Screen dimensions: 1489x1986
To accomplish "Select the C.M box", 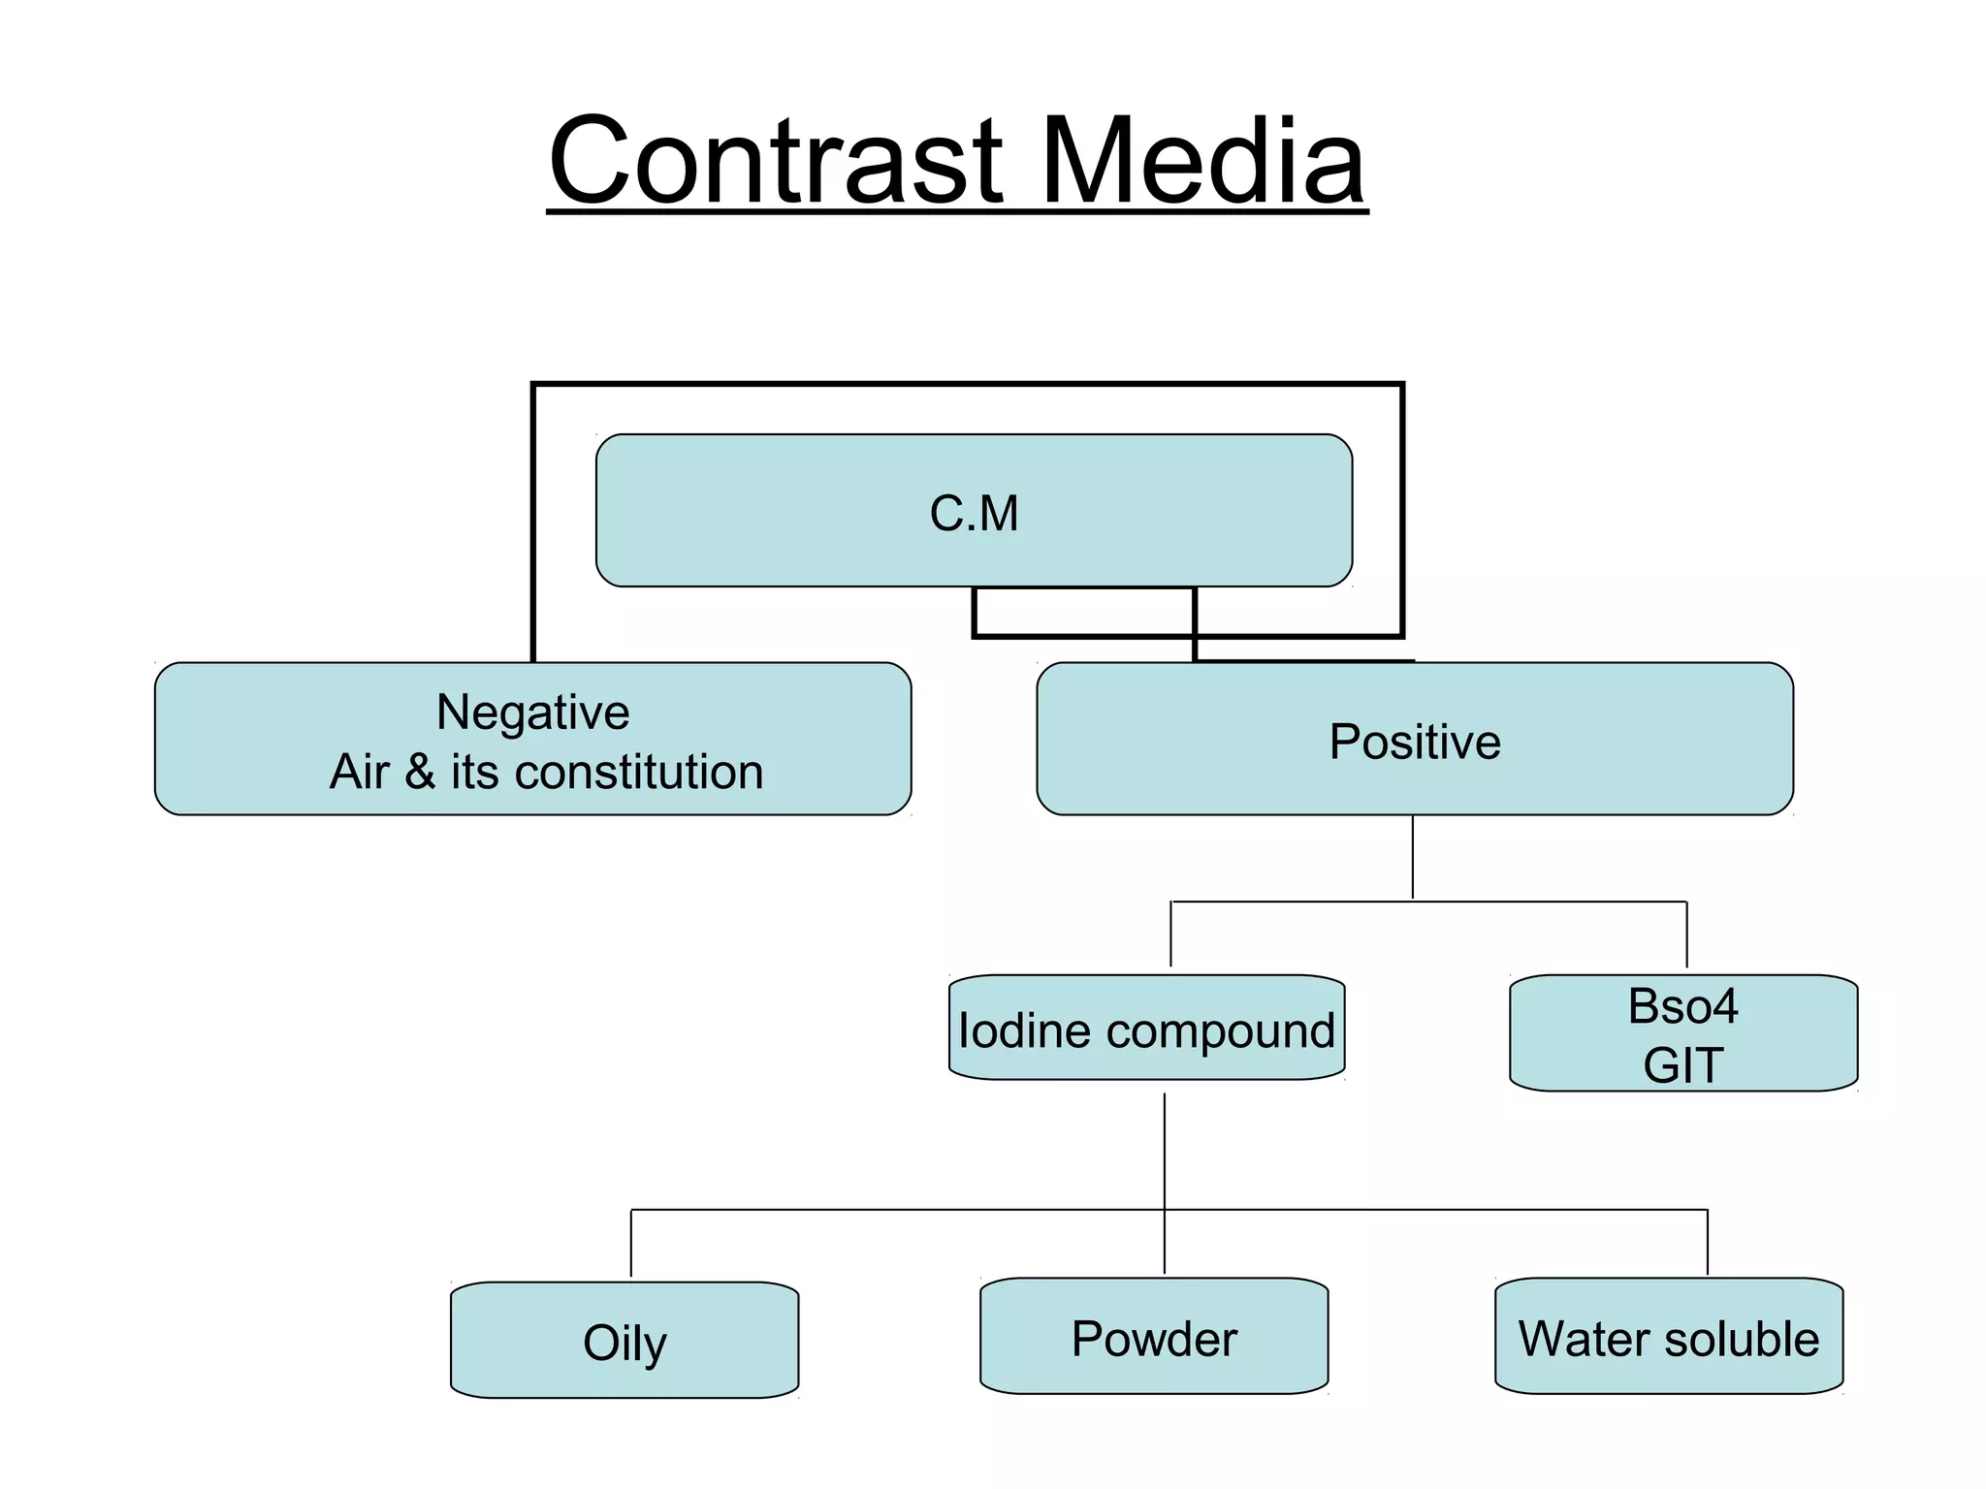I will point(974,512).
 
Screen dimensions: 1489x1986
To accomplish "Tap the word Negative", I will point(532,713).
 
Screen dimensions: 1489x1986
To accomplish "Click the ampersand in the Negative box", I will point(419,773).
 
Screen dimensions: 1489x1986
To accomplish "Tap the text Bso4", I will point(1682,1006).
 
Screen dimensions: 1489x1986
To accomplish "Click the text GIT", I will point(1682,1065).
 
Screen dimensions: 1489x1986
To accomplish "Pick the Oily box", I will point(625,1343).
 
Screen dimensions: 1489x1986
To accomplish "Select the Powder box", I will point(1154,1339).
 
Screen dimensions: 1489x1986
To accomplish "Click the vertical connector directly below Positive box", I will point(1413,857).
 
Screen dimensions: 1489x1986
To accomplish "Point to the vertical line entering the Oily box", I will point(631,1245).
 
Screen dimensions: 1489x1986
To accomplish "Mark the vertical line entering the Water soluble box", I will point(1707,1243).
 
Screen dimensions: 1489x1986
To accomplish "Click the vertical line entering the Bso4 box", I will point(1686,935).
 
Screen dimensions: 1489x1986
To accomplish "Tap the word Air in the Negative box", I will point(360,773).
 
